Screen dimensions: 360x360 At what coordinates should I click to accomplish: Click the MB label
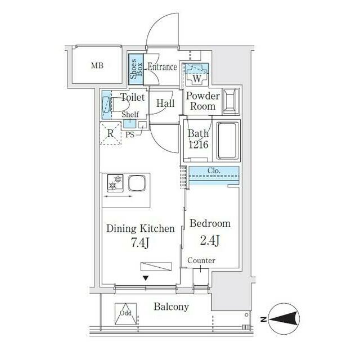point(97,66)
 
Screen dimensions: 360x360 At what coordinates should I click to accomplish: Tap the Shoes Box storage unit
point(136,69)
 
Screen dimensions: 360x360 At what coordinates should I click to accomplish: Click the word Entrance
point(162,67)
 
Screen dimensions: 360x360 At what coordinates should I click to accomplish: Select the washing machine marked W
point(197,74)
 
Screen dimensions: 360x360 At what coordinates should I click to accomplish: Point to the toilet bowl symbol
point(116,105)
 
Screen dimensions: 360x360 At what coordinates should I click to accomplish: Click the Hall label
point(165,103)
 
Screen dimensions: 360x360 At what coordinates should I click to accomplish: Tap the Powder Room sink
point(231,101)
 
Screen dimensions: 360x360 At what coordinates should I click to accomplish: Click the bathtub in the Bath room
point(227,141)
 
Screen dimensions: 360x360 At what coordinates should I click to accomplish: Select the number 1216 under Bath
point(199,145)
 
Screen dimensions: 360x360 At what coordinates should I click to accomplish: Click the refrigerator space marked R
point(110,134)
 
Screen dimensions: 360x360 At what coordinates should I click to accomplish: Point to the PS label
point(130,134)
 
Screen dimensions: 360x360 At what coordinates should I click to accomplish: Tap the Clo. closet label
point(214,170)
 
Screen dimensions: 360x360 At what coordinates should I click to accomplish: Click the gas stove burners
point(115,183)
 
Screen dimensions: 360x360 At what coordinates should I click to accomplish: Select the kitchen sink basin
point(137,183)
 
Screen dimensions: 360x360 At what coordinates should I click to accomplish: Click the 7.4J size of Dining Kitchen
point(140,242)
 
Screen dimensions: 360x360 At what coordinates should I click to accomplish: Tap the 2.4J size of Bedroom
point(210,241)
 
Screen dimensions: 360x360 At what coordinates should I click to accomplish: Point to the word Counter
point(201,260)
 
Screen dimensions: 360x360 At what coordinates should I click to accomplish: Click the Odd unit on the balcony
point(125,314)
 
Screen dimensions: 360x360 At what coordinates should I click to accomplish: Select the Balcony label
point(171,307)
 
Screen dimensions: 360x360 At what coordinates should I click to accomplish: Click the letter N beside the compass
point(264,319)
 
